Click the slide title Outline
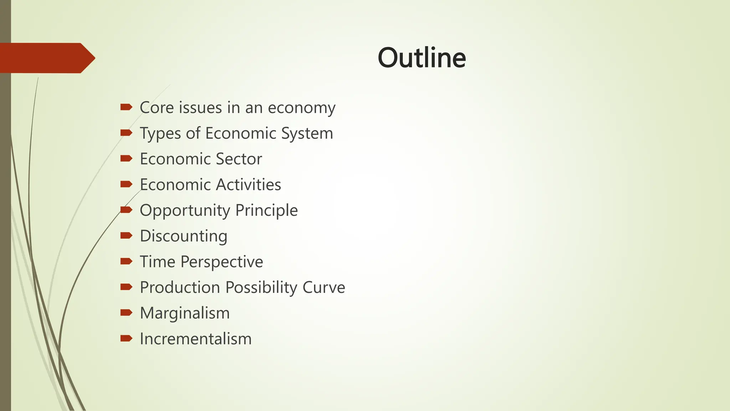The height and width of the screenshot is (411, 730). pos(422,58)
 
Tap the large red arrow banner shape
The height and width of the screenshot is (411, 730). pos(46,58)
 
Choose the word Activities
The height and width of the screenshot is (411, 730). pos(248,185)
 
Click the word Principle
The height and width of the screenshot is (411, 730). pos(266,210)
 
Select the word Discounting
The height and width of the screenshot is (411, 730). pos(184,237)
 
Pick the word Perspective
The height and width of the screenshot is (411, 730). pos(222,262)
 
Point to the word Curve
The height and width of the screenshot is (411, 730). pos(324,288)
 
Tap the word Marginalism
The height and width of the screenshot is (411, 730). pos(185,313)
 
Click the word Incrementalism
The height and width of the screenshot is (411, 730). pos(196,339)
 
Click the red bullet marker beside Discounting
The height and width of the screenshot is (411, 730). pos(126,235)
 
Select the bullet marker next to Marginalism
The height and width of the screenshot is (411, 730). pos(126,313)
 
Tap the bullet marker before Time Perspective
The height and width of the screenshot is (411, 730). pos(126,262)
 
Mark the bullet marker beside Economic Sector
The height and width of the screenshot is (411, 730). pos(126,158)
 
